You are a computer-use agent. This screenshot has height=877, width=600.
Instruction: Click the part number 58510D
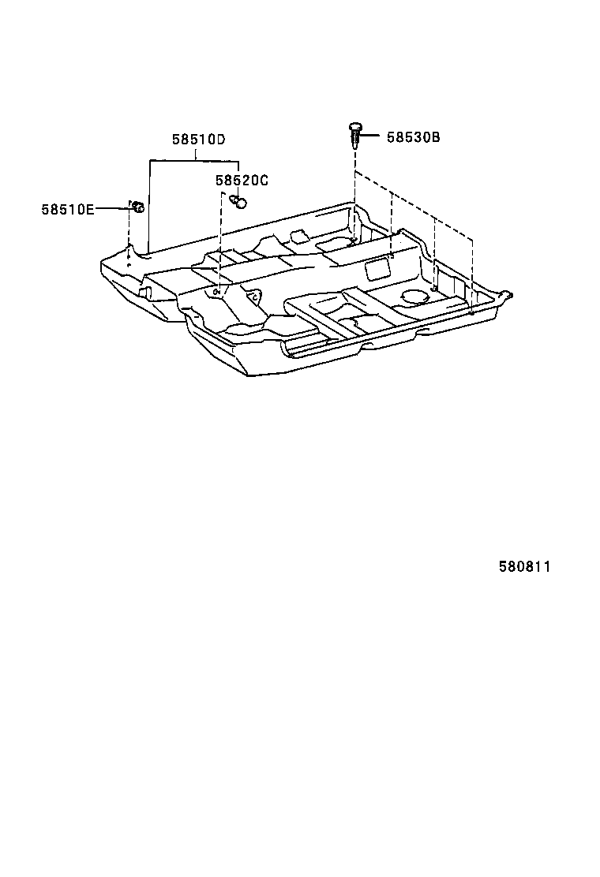(199, 140)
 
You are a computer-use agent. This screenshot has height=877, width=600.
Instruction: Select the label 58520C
(242, 181)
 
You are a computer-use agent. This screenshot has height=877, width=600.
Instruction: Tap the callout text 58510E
(68, 209)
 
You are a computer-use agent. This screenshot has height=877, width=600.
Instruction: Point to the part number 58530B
(413, 137)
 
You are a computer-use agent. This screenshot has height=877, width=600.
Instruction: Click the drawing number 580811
(524, 567)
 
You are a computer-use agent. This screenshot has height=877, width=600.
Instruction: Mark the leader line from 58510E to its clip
(112, 207)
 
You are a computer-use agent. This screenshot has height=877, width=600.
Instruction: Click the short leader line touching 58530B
(373, 136)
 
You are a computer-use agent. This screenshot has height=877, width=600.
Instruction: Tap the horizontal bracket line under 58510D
(194, 160)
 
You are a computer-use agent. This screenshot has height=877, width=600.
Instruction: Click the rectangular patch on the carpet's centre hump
(375, 268)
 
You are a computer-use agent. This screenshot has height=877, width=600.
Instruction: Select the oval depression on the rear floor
(413, 297)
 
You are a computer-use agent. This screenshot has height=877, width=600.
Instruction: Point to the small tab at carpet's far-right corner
(509, 295)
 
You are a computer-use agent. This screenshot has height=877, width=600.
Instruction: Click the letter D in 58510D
(222, 140)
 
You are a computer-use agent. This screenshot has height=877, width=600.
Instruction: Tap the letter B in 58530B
(435, 137)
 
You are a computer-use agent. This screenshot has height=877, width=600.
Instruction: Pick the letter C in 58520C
(264, 181)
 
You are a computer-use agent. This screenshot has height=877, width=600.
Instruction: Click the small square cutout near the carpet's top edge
(298, 236)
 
